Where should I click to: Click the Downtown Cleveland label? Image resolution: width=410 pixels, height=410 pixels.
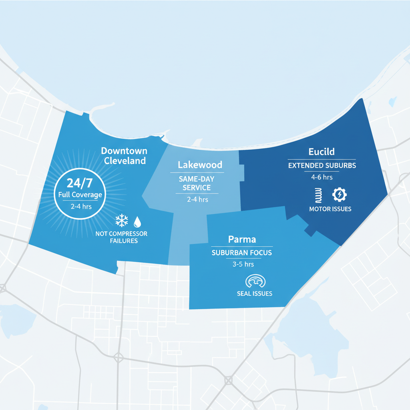(x=124, y=156)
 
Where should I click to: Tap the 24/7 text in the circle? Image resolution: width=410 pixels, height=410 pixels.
(x=79, y=183)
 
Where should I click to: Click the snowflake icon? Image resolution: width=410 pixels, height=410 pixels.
(x=121, y=220)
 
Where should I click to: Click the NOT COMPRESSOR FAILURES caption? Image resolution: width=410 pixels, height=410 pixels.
(x=121, y=237)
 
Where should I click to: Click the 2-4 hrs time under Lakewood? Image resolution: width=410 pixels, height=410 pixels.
(x=197, y=199)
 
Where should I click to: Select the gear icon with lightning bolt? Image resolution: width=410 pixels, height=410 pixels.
(x=340, y=195)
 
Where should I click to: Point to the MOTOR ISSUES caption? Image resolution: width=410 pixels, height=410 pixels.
(x=330, y=209)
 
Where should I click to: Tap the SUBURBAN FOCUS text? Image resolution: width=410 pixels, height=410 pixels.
(x=241, y=253)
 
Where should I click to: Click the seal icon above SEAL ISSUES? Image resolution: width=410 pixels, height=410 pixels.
(x=254, y=281)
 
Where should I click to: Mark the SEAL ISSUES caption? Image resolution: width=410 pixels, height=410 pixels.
(x=254, y=293)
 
